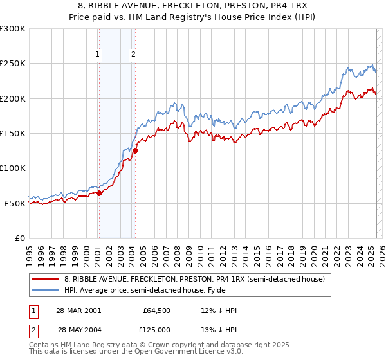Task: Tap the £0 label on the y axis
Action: coord(19,238)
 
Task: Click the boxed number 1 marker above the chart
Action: coord(98,55)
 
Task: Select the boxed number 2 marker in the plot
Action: coord(134,55)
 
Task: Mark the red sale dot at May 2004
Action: coord(135,151)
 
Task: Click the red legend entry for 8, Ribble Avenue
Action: coord(198,279)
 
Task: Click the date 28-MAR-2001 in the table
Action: coord(79,310)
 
